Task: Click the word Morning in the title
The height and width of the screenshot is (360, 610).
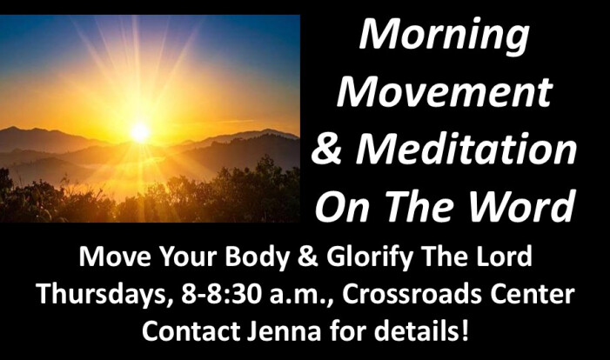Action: [x=445, y=37]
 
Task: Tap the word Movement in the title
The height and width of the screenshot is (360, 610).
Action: [x=445, y=92]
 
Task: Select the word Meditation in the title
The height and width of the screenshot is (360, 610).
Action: [x=466, y=149]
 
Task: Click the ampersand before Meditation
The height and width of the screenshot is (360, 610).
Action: [x=327, y=150]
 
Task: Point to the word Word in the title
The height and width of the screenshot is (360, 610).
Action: [x=521, y=206]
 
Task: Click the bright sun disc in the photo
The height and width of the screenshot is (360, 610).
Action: [x=140, y=132]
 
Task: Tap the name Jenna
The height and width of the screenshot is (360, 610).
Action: [x=284, y=331]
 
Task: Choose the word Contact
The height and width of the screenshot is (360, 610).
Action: [x=191, y=331]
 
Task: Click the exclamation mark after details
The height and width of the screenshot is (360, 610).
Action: [x=464, y=330]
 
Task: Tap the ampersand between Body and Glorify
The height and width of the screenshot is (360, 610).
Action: [x=307, y=257]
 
